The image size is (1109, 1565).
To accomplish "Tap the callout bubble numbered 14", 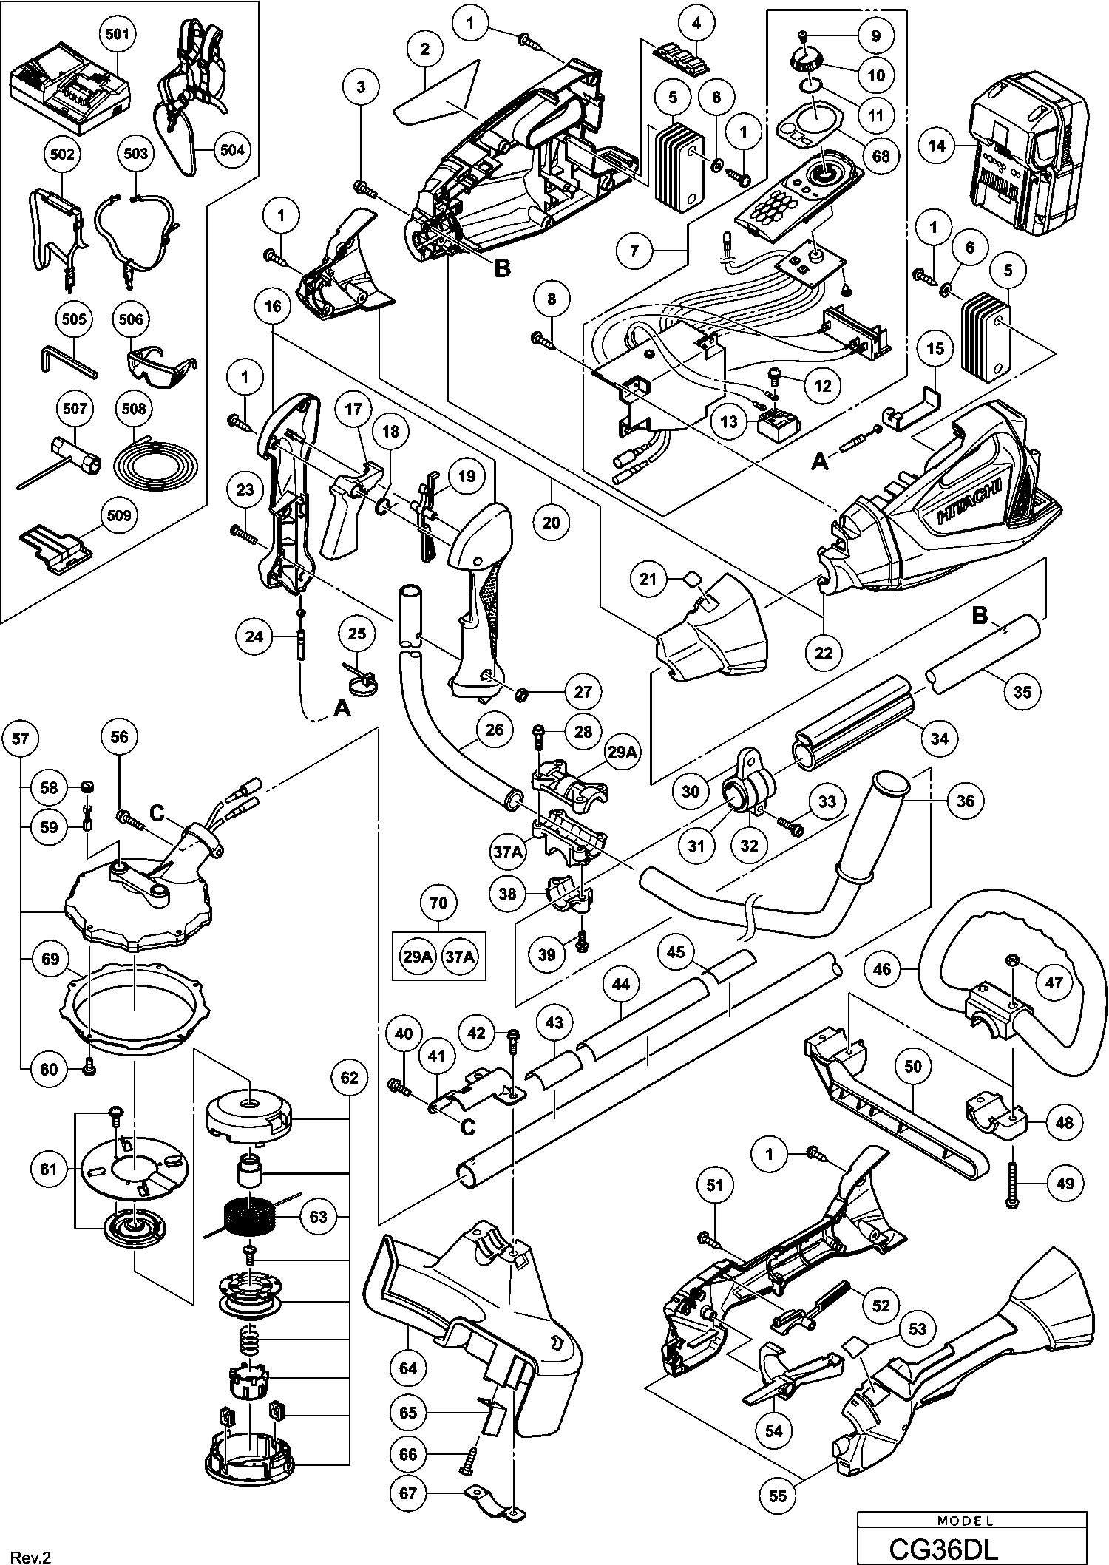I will tap(936, 146).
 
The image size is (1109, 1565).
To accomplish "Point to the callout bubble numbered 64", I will tap(408, 1368).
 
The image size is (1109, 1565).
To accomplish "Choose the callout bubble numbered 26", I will tap(494, 730).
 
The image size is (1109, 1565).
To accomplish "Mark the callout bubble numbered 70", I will tap(438, 903).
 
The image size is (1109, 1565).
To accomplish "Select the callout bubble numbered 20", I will tap(551, 522).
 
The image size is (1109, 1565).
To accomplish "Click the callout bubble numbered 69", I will tap(50, 960).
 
